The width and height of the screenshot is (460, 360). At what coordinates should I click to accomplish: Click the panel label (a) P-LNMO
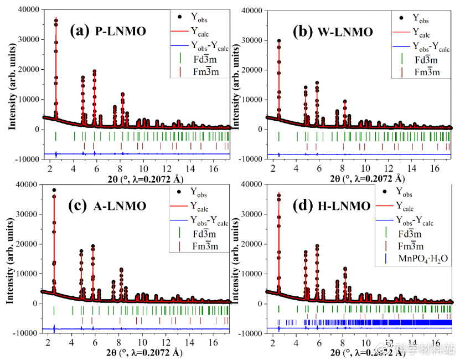point(108,31)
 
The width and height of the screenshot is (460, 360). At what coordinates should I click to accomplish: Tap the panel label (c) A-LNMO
point(107,207)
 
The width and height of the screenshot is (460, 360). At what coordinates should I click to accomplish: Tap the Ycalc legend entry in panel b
point(426,33)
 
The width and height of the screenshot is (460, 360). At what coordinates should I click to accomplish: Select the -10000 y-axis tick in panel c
point(24,333)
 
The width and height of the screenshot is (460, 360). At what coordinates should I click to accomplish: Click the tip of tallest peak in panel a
point(56,19)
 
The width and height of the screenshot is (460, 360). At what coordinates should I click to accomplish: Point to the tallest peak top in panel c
point(54,190)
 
